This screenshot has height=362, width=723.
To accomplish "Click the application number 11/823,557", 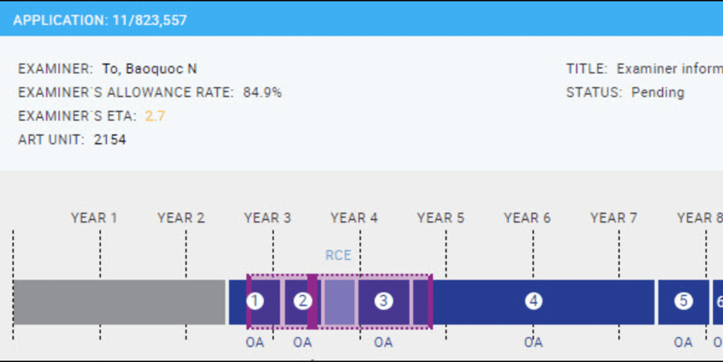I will (150, 20).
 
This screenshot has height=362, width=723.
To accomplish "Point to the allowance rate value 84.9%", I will (262, 92).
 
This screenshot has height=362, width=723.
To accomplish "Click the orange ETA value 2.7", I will (155, 116).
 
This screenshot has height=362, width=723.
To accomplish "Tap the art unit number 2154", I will (110, 140).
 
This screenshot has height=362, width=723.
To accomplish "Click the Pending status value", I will (657, 92).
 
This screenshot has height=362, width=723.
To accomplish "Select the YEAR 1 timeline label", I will (94, 217).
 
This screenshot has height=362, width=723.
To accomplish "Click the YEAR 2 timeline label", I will (180, 217).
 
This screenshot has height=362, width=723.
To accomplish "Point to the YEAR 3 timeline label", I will (267, 217).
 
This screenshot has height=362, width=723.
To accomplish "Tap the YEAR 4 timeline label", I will (354, 217).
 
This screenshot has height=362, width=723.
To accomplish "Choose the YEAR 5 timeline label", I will (440, 217).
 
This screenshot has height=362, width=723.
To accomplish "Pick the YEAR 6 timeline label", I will (527, 217).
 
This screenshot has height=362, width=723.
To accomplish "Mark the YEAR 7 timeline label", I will (613, 217).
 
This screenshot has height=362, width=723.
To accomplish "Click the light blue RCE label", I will (339, 255).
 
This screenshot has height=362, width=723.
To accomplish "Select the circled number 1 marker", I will (255, 301).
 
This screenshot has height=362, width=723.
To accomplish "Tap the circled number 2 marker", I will (303, 301).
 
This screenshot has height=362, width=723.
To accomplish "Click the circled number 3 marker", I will (384, 301).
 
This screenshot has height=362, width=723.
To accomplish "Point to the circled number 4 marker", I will (533, 301).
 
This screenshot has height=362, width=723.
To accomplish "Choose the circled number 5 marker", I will (683, 301).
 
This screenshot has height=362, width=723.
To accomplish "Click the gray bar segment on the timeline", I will (119, 302).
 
